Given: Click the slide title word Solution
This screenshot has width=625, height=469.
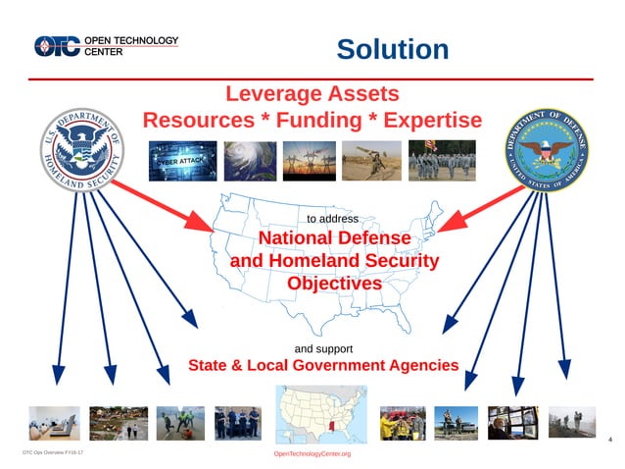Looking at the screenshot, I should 392,49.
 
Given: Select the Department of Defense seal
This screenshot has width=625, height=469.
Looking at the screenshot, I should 547,151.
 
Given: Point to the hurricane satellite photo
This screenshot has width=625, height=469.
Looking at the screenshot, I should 250,160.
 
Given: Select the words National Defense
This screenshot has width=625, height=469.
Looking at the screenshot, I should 333,238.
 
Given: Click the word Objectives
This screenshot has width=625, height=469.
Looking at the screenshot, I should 333,284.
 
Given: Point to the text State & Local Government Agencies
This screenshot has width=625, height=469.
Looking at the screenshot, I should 323,366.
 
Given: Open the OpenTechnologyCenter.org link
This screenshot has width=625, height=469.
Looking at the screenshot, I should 312,455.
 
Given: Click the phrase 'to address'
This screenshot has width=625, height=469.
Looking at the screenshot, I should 333,218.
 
